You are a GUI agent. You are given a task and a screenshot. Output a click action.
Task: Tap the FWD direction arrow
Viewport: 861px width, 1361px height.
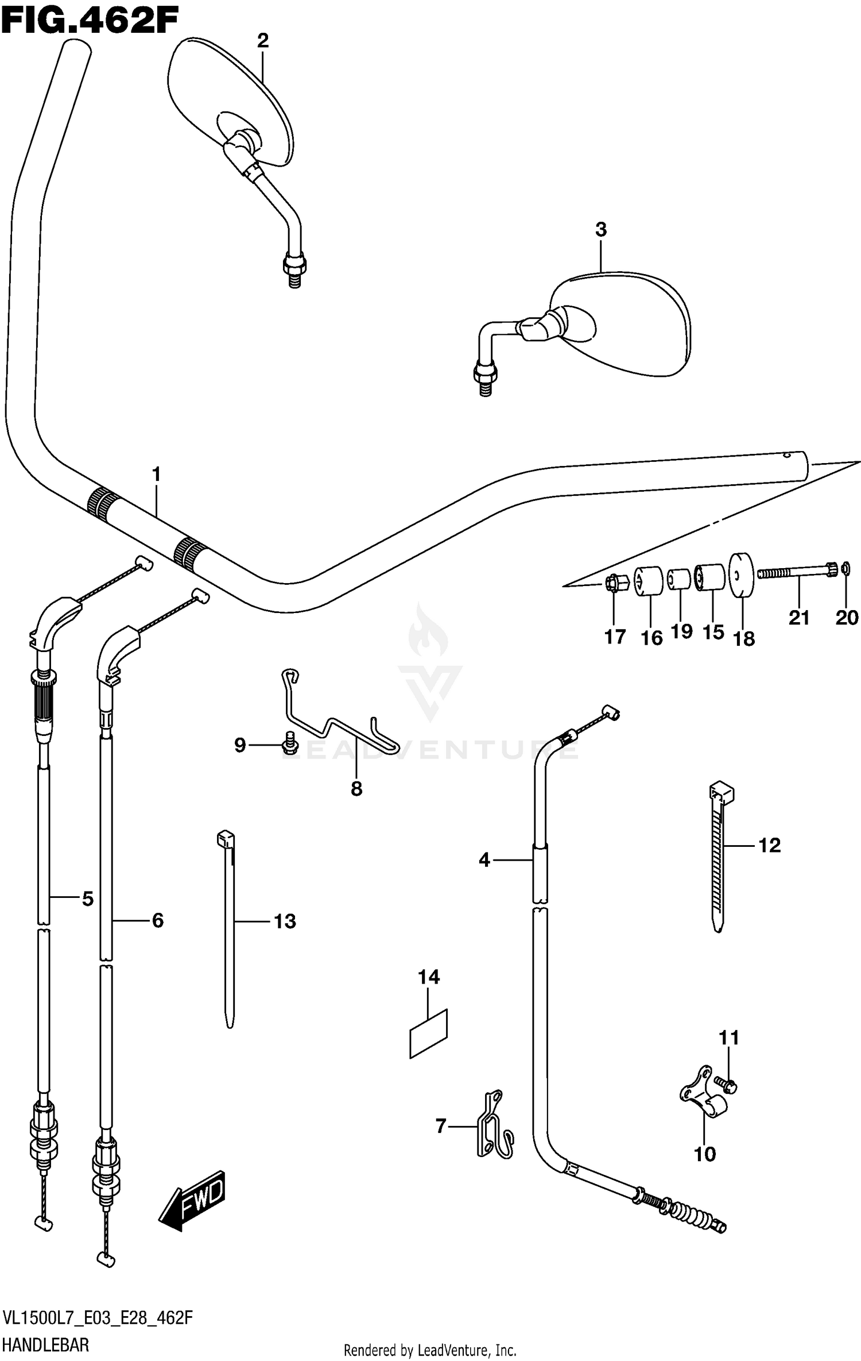pos(192,1200)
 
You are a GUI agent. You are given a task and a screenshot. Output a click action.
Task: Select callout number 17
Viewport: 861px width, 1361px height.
pos(615,637)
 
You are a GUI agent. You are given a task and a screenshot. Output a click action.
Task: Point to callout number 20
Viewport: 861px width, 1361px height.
pos(847,618)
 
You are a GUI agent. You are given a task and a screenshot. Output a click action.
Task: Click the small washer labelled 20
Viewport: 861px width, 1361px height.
pos(846,569)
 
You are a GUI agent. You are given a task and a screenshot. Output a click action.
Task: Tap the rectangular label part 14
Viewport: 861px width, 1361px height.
pos(428,1032)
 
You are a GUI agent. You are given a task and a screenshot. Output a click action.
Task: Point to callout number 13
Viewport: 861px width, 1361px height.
pos(285,922)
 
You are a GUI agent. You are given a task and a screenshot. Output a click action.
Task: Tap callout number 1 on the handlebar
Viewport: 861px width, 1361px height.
pos(156,475)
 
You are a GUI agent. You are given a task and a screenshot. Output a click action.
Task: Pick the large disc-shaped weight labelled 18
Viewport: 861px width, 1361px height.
pos(741,575)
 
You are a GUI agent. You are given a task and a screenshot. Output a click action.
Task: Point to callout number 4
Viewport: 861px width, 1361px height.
pos(484,860)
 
